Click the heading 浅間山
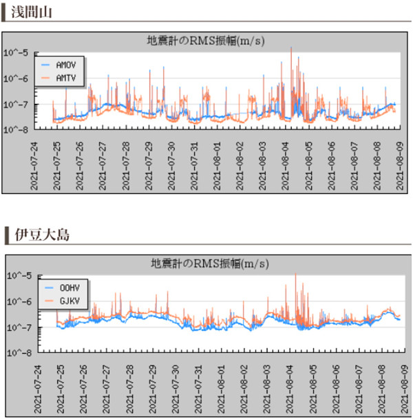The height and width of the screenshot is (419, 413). coord(34,12)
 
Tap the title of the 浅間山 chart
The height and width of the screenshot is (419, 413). coord(206,40)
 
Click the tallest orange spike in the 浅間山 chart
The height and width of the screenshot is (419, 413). coord(291,48)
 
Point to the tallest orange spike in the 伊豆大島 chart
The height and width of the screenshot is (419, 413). coord(296,274)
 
